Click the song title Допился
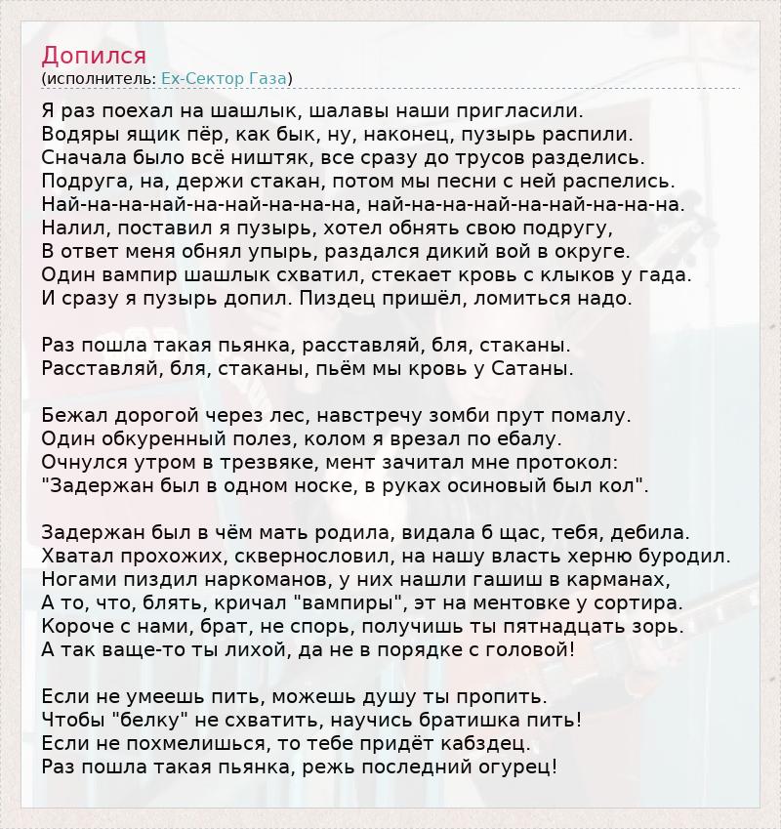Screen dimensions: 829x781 tap(94, 55)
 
